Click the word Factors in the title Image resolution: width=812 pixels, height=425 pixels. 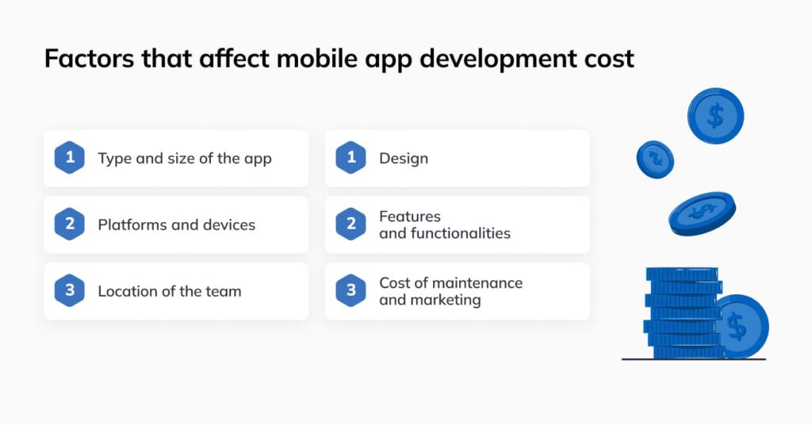pyautogui.click(x=89, y=58)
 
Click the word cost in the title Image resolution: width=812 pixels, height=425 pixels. pyautogui.click(x=609, y=59)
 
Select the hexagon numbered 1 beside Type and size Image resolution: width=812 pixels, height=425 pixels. pyautogui.click(x=70, y=157)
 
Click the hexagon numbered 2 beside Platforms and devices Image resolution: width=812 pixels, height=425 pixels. pyautogui.click(x=70, y=224)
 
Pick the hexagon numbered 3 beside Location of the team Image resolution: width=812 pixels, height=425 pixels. pyautogui.click(x=70, y=290)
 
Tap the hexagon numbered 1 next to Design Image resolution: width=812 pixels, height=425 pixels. pyautogui.click(x=351, y=157)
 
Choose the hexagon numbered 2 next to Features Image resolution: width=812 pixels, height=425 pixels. pyautogui.click(x=351, y=224)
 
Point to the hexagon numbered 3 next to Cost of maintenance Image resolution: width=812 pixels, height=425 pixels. pyautogui.click(x=351, y=290)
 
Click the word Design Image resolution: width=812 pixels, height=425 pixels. pyautogui.click(x=404, y=159)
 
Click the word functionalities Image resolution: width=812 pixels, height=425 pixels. pyautogui.click(x=461, y=233)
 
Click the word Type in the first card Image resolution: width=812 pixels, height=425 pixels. pyautogui.click(x=115, y=159)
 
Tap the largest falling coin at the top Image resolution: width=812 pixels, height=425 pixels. pyautogui.click(x=716, y=116)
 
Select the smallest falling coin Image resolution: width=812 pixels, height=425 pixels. pyautogui.click(x=655, y=159)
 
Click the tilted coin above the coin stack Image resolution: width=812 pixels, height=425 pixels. pyautogui.click(x=703, y=213)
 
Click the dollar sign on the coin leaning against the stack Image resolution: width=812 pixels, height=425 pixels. pyautogui.click(x=737, y=326)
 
